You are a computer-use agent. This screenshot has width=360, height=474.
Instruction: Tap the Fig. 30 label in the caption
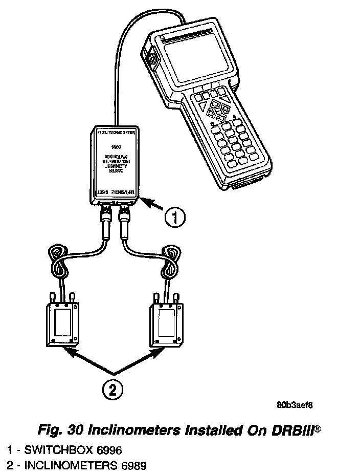pyautogui.click(x=59, y=429)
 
